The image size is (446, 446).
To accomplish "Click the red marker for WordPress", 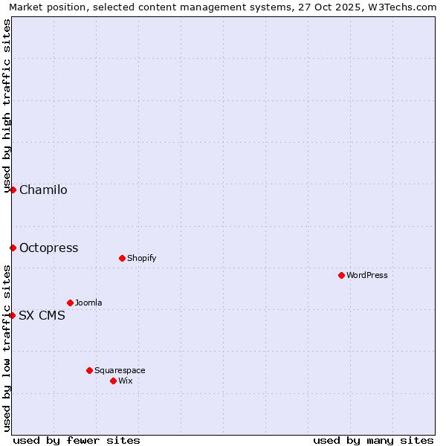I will coord(341,275).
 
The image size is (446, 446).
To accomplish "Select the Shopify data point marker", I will coord(122,258).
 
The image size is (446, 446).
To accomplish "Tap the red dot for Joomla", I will coord(70,303).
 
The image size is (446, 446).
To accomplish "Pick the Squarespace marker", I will coord(89,370).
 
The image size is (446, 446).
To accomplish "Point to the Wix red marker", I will coord(113,381).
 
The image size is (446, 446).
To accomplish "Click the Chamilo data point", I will coord(13,190).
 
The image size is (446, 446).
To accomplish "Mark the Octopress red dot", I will coord(13,248).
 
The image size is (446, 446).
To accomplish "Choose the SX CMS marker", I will coord(12,315).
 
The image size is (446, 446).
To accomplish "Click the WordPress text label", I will coord(367,275).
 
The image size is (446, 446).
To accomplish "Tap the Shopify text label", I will coord(141,258).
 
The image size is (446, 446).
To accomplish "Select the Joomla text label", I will coord(88,303).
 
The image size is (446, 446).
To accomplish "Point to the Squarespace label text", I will coord(120,370).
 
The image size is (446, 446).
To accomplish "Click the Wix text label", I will coord(125,381).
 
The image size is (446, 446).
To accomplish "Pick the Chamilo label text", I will coord(43,190).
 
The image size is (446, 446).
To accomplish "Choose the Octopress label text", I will coord(48,248).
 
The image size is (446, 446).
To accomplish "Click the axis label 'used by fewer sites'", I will coord(77,440).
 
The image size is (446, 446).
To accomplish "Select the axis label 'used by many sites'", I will coord(373,440).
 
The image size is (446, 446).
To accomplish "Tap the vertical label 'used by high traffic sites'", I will coord(7,106).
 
